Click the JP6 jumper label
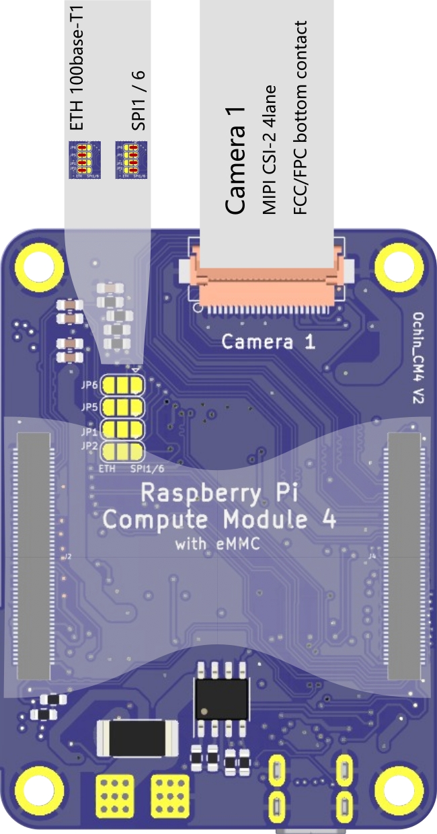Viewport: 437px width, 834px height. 90,386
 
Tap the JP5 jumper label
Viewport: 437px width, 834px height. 90,407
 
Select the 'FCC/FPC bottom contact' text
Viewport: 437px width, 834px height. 300,118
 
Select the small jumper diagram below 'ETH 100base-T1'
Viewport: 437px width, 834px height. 84,159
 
